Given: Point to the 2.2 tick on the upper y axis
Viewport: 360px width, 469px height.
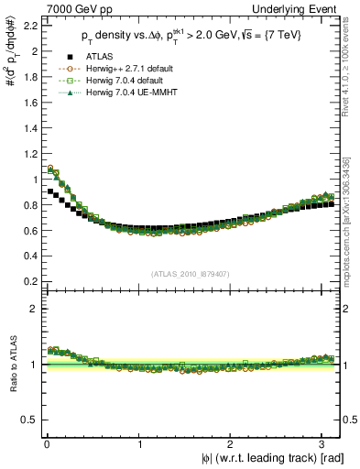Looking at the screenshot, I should click(27, 26).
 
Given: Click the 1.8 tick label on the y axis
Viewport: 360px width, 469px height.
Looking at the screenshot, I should click(27, 77).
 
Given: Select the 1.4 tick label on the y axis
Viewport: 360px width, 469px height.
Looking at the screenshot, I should click(27, 128).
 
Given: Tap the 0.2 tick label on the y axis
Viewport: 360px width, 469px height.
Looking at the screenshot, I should click(27, 281).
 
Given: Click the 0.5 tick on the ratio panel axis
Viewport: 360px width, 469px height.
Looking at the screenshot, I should click(27, 420).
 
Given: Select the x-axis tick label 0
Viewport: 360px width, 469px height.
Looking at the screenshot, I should click(46, 444).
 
